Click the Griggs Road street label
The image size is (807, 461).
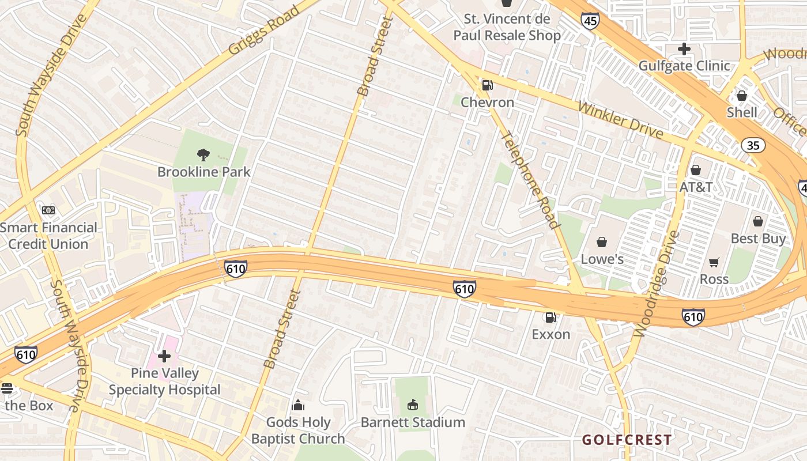click(264, 31)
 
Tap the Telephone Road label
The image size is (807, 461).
click(530, 180)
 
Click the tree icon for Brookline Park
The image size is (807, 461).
click(203, 154)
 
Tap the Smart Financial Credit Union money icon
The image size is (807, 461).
click(48, 210)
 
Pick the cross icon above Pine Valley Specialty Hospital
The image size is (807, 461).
click(164, 356)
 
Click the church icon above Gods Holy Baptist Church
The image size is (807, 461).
click(298, 405)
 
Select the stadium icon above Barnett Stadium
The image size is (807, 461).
click(412, 405)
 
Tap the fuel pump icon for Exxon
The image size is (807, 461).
click(550, 317)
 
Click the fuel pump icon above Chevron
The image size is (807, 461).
click(487, 85)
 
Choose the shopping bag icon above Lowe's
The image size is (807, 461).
click(602, 242)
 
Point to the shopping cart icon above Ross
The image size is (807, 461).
click(714, 262)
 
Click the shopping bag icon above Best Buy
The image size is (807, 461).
click(758, 221)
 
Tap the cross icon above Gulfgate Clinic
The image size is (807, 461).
click(684, 49)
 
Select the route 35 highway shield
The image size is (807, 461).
click(753, 145)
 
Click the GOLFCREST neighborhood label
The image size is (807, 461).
click(627, 440)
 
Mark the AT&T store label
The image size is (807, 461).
click(696, 187)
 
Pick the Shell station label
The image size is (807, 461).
click(742, 112)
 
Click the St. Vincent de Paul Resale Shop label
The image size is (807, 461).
click(507, 27)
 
